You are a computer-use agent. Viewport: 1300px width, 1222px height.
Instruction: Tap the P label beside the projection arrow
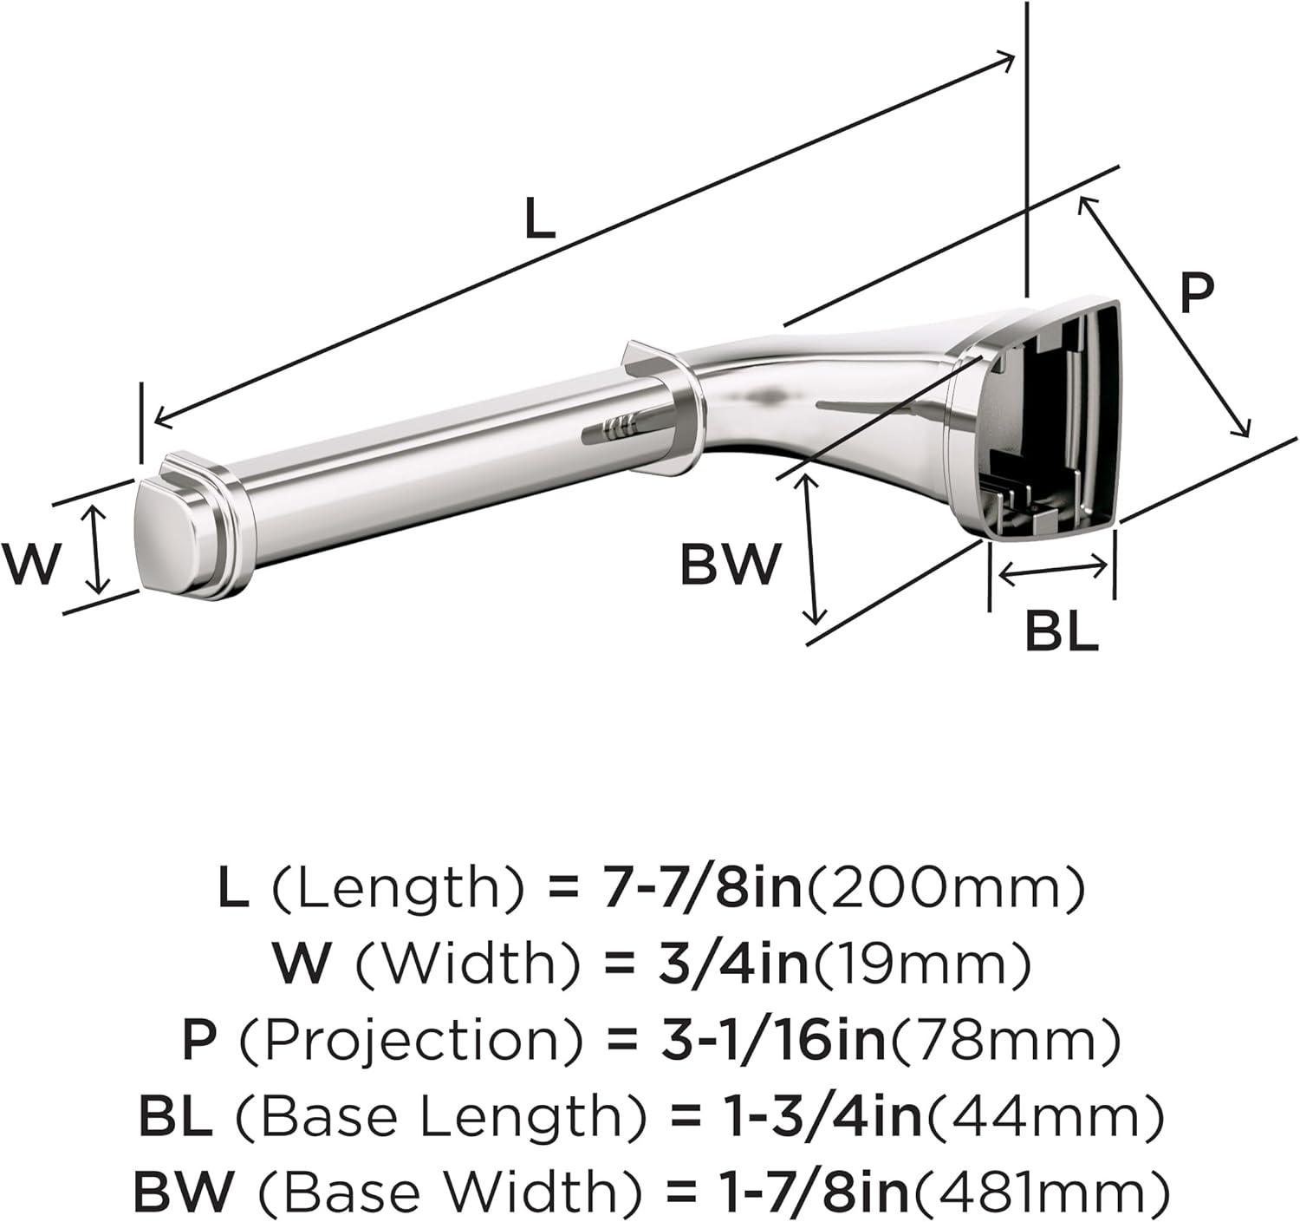[1197, 292]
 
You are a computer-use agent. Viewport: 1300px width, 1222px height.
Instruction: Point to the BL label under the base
[1061, 631]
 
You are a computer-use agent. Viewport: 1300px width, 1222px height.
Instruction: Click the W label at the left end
[31, 564]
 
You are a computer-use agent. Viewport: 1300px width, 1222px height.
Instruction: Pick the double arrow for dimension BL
[1052, 570]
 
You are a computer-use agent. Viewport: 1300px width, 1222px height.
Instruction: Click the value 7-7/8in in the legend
[703, 888]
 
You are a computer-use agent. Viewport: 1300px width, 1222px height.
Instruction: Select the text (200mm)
[946, 888]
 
